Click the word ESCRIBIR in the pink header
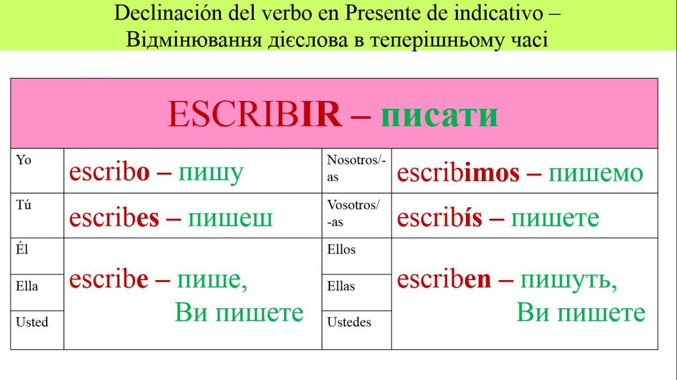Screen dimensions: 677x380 [x=255, y=114]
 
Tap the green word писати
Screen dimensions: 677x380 [x=439, y=116]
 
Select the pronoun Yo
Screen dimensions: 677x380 [x=23, y=160]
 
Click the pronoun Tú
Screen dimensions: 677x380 [x=23, y=205]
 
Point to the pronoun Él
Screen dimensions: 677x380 [x=22, y=249]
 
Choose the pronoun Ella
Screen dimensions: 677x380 [x=27, y=286]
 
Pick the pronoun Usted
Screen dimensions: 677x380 [x=32, y=322]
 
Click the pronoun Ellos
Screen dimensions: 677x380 [x=341, y=249]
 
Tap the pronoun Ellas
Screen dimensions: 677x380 [x=341, y=286]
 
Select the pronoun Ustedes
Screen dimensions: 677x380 [x=349, y=322]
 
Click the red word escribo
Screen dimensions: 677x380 [x=109, y=172]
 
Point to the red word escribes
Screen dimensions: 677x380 [x=114, y=217]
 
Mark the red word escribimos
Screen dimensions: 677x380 [x=458, y=172]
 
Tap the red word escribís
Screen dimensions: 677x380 [x=440, y=217]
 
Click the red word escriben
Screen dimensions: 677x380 [x=444, y=279]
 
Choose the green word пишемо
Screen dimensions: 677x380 [x=596, y=174]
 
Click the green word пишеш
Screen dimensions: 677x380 [x=230, y=219]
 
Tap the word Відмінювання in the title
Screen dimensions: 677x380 [x=194, y=40]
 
